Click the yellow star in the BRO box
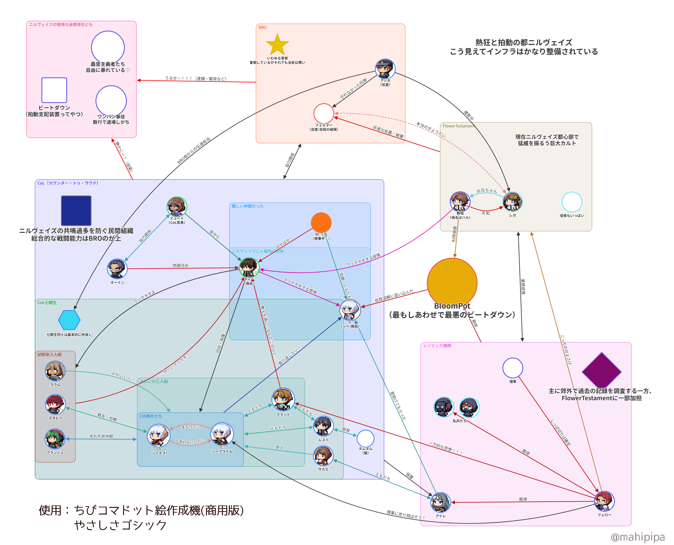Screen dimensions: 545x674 277,45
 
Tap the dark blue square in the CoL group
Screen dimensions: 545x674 76,210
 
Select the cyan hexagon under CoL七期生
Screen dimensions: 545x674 69,320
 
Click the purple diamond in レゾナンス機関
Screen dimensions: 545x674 601,371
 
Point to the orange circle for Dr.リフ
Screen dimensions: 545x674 321,223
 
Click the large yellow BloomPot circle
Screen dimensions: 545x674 452,283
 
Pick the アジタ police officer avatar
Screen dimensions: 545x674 385,69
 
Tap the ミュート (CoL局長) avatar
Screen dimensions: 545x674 177,207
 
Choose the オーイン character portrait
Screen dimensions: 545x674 117,269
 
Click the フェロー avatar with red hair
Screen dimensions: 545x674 604,501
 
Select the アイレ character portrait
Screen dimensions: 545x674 440,502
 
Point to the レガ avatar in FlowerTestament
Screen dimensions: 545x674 512,202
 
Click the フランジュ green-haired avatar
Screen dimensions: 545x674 55,439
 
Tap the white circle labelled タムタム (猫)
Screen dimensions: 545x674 365,438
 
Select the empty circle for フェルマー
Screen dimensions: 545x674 323,113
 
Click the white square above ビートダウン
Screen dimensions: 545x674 54,90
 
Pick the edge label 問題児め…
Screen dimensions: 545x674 182,265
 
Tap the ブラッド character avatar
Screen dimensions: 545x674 283,399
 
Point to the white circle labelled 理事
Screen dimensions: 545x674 513,368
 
